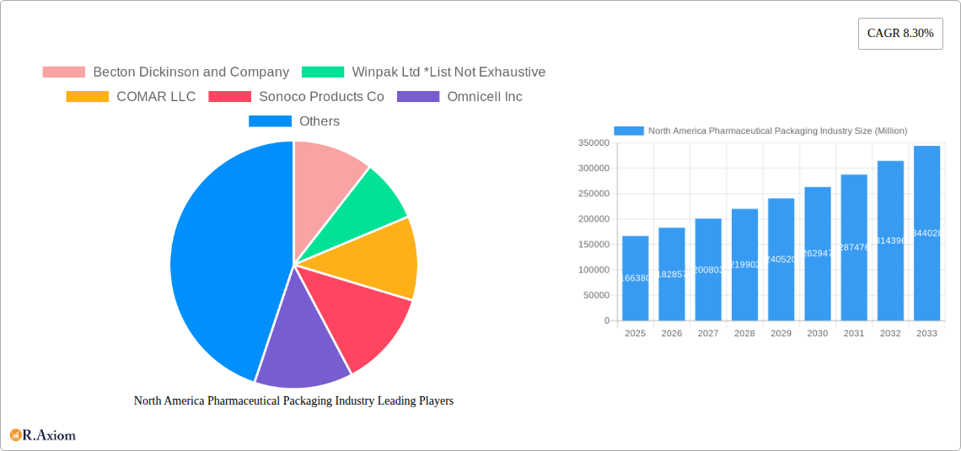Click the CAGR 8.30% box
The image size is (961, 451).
coord(900,34)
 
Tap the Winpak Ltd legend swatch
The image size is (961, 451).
coord(323,72)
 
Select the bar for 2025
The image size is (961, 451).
coord(636,278)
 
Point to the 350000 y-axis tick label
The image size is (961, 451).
coord(593,143)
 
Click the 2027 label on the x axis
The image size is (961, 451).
coord(708,334)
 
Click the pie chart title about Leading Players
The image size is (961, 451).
coord(293,401)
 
